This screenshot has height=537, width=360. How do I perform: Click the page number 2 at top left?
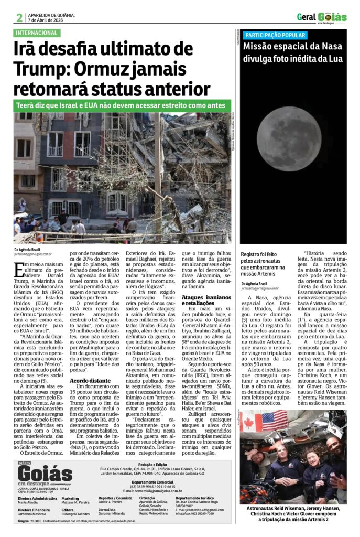(x=19, y=18)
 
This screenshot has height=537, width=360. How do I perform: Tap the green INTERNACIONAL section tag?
(x=37, y=33)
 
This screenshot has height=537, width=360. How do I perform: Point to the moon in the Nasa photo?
(x=289, y=139)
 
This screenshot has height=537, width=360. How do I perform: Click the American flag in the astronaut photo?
(x=275, y=421)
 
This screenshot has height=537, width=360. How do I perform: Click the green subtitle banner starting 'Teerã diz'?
(x=123, y=105)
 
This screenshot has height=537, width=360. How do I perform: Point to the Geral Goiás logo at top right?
(x=322, y=17)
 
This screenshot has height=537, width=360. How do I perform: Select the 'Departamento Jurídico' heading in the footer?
(x=194, y=498)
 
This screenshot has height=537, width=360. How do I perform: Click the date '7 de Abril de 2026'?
(x=45, y=20)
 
